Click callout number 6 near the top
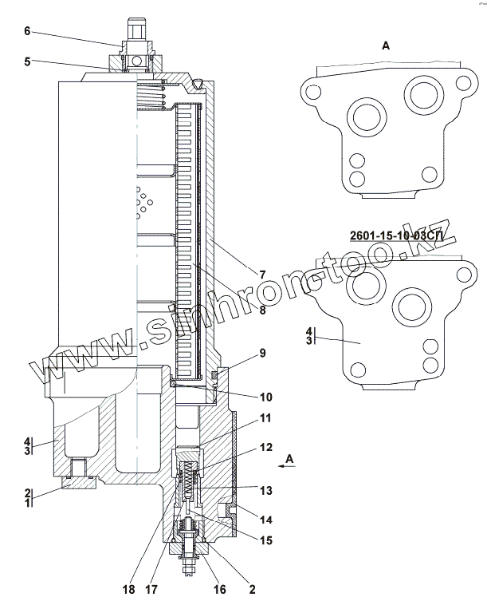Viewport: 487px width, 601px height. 26,32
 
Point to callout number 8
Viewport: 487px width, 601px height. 262,311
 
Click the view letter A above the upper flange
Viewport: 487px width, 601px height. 386,46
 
